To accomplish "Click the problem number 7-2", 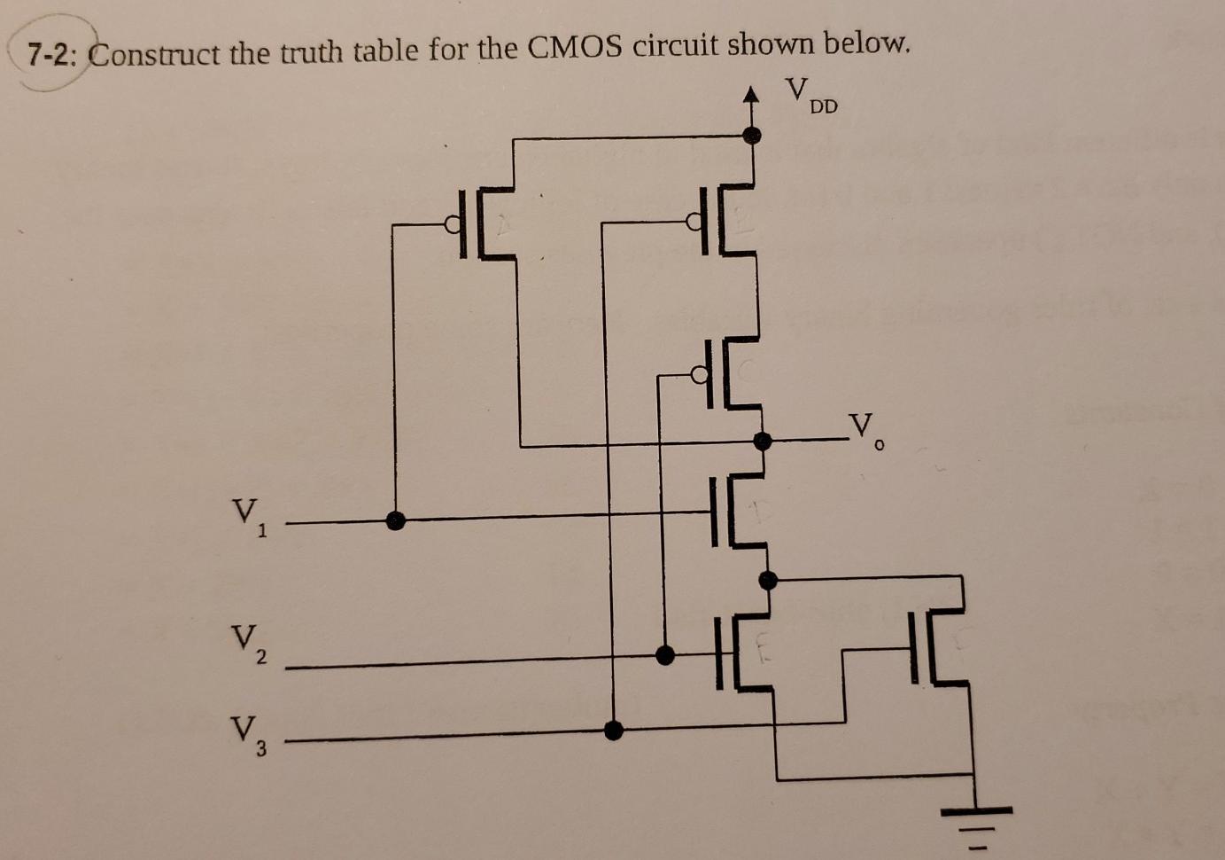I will pyautogui.click(x=51, y=55).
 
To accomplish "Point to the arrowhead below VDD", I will pyautogui.click(x=751, y=94).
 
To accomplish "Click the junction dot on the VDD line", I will pyautogui.click(x=752, y=135).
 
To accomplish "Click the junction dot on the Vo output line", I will pyautogui.click(x=761, y=440).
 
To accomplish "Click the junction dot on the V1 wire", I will pyautogui.click(x=396, y=520).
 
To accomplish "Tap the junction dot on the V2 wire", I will pyautogui.click(x=664, y=655).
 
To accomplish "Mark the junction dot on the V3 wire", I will pyautogui.click(x=613, y=730).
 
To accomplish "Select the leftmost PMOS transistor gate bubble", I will pyautogui.click(x=453, y=224).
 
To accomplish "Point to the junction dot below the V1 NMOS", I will pyautogui.click(x=769, y=580).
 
